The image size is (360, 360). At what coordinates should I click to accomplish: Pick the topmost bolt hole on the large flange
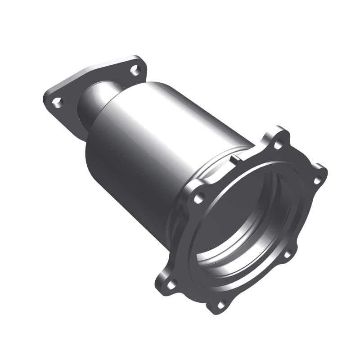click(278, 145)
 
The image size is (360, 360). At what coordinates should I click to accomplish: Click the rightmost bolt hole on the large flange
click(317, 180)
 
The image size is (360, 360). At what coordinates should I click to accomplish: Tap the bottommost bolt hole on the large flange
click(221, 305)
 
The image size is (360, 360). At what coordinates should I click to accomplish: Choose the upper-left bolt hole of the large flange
click(199, 197)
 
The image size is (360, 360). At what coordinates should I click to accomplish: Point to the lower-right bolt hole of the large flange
click(287, 255)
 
